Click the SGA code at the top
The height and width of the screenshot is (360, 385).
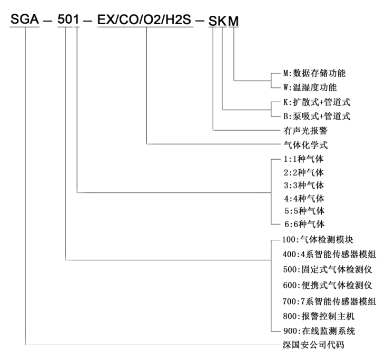coord(25,19)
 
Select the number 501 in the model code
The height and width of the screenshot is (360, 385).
coord(68,19)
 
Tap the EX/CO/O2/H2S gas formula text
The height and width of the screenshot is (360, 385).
coord(144,20)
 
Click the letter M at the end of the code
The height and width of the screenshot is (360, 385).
coord(233,21)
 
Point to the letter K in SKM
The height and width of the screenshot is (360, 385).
coord(222,21)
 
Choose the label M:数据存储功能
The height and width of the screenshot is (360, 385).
coord(314,73)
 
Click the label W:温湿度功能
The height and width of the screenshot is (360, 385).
coord(310,87)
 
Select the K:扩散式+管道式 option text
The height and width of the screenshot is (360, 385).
coord(317,102)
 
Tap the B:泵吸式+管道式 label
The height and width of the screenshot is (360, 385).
coord(317,116)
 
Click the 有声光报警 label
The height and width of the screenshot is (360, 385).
coord(305,131)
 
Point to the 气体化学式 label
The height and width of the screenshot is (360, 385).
coord(305,145)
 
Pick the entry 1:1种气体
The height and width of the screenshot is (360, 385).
coord(304,159)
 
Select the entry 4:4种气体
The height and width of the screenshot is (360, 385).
coord(304,198)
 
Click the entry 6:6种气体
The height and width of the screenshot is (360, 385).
coord(304,224)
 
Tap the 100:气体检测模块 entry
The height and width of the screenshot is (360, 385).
coord(318,240)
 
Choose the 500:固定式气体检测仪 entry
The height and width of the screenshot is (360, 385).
coord(328,269)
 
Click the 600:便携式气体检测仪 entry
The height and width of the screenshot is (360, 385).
coord(328,285)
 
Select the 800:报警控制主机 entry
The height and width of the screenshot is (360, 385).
coord(319,316)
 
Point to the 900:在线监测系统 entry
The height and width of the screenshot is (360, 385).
coord(319,331)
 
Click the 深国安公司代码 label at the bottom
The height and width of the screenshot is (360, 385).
coord(313,345)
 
